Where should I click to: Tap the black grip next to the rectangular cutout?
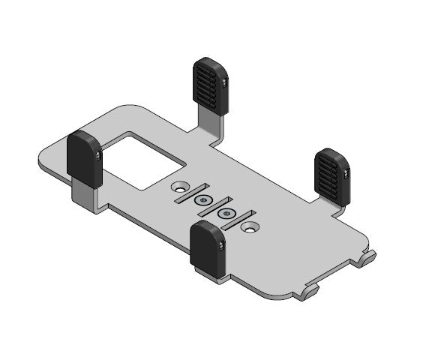click(x=85, y=159)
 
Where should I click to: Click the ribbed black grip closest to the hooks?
click(x=330, y=175)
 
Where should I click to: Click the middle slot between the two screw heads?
click(x=213, y=206)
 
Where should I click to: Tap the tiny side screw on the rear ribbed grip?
click(x=224, y=83)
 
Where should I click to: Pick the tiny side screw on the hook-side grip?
click(x=344, y=174)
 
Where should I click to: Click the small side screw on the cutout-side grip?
click(x=100, y=155)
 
